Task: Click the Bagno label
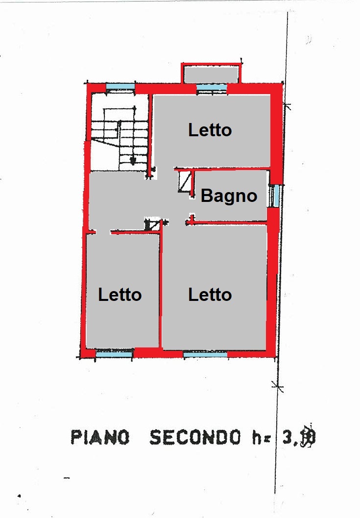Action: tap(229, 196)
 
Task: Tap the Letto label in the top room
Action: tap(210, 130)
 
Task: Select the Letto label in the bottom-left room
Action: tap(120, 295)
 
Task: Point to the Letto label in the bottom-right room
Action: tap(210, 295)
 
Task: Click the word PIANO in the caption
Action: tap(100, 437)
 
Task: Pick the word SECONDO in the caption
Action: tap(195, 437)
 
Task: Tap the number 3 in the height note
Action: tap(288, 437)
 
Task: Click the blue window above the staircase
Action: tap(120, 88)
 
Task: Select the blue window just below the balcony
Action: tap(212, 88)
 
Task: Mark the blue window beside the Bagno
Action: tap(276, 196)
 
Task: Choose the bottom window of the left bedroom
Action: tap(114, 353)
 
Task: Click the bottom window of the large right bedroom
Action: tap(205, 353)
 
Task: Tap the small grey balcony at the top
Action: tap(211, 74)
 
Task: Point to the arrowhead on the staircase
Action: tap(132, 160)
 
